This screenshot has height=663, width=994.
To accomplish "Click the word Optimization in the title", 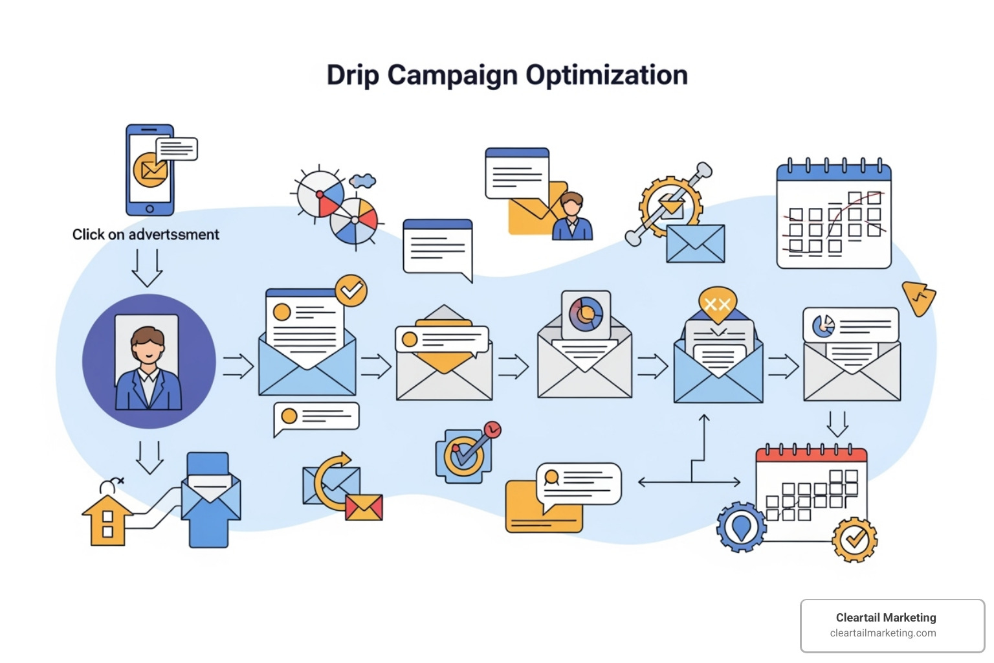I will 606,75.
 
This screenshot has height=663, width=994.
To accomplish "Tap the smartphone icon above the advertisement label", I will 150,170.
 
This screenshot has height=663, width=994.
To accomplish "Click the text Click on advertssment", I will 146,234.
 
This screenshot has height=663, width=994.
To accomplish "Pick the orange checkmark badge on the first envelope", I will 351,291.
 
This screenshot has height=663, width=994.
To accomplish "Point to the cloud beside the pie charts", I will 362,181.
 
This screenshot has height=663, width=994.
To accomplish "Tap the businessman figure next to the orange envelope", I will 572,216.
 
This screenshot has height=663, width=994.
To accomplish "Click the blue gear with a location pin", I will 741,526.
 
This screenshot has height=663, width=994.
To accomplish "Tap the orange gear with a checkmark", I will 854,539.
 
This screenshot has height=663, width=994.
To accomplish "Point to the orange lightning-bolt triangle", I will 920,298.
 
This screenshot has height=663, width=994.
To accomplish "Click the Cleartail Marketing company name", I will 885,618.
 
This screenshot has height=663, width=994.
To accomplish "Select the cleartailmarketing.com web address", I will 883,633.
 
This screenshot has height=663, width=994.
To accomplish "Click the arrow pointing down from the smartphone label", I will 147,267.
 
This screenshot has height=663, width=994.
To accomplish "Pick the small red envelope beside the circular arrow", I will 364,508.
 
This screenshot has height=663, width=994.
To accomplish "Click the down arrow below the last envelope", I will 837,423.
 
